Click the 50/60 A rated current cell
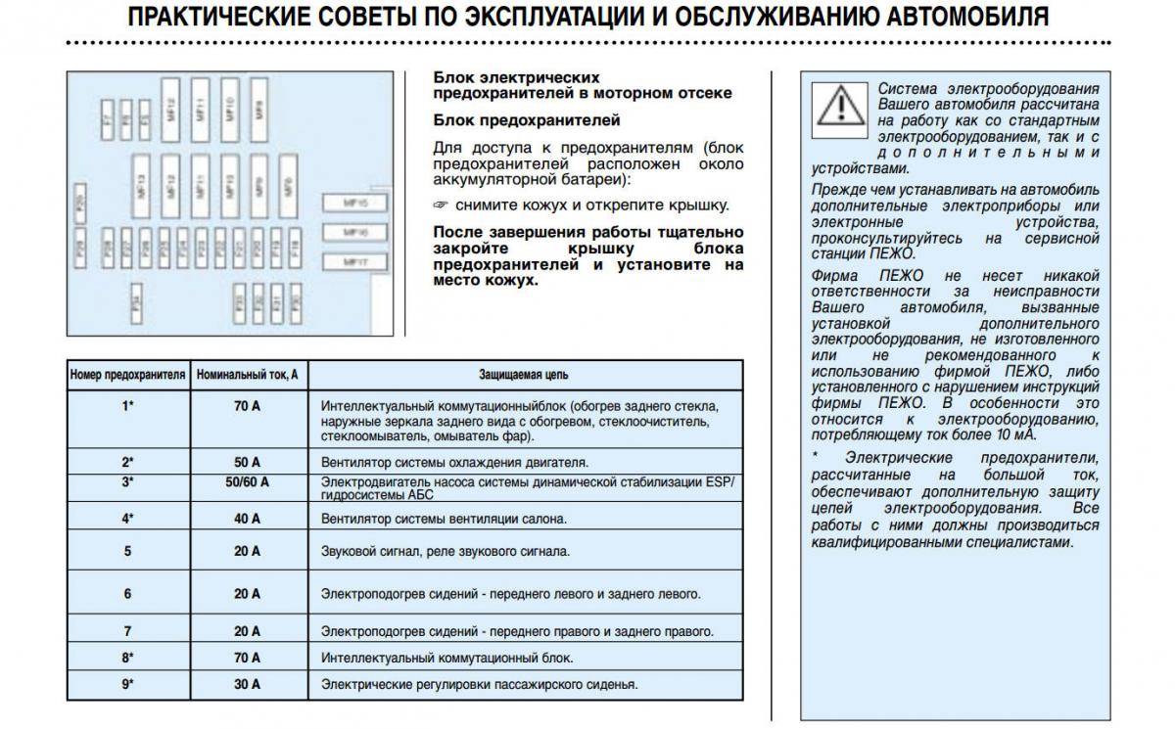tap(247, 482)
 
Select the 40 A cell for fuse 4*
tap(247, 519)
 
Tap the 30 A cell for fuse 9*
tap(247, 684)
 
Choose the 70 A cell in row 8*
tap(247, 658)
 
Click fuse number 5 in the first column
tap(127, 551)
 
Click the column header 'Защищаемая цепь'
tap(523, 374)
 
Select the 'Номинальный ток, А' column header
tap(247, 374)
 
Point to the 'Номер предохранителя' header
tap(127, 374)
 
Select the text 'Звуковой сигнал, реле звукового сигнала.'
tap(446, 551)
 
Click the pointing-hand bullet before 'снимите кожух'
tap(441, 205)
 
